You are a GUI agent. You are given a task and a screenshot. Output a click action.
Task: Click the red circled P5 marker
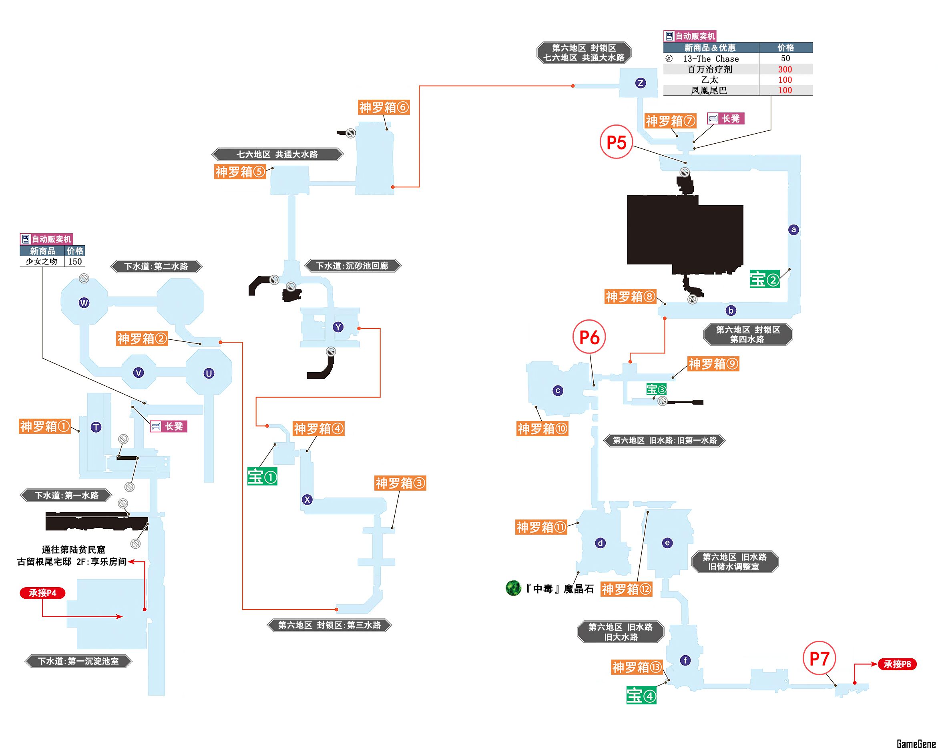pyautogui.click(x=616, y=142)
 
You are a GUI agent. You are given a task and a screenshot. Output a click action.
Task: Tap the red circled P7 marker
pyautogui.click(x=819, y=658)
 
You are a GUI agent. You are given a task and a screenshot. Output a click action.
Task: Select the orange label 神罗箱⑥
pyautogui.click(x=384, y=107)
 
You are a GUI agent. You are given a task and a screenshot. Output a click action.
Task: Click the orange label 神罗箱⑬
pyautogui.click(x=637, y=667)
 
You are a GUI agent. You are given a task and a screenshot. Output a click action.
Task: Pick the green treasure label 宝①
pyautogui.click(x=262, y=477)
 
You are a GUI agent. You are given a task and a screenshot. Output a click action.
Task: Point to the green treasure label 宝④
pyautogui.click(x=641, y=696)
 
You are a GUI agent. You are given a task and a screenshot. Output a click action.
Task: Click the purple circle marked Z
pyautogui.click(x=641, y=83)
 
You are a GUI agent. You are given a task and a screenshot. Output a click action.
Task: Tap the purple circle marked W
pyautogui.click(x=84, y=303)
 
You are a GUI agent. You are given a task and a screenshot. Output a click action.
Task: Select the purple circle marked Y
pyautogui.click(x=338, y=327)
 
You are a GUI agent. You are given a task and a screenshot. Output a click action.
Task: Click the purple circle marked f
pyautogui.click(x=685, y=660)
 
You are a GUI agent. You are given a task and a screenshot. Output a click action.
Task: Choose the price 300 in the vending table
pyautogui.click(x=785, y=69)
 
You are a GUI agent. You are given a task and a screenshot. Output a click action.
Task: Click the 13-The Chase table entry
pyautogui.click(x=711, y=59)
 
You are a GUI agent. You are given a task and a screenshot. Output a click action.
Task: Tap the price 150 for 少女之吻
pyautogui.click(x=75, y=261)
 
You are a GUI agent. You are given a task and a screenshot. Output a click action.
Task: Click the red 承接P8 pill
pyautogui.click(x=897, y=664)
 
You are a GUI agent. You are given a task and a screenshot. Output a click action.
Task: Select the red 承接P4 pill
pyautogui.click(x=42, y=593)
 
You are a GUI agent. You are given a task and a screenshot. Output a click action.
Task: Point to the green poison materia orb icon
pyautogui.click(x=513, y=588)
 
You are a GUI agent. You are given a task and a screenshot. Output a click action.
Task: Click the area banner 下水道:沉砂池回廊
pyautogui.click(x=352, y=266)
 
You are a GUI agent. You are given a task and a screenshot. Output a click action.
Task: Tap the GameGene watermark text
pyautogui.click(x=916, y=744)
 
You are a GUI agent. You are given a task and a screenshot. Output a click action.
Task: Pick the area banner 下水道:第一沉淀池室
pyautogui.click(x=78, y=661)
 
